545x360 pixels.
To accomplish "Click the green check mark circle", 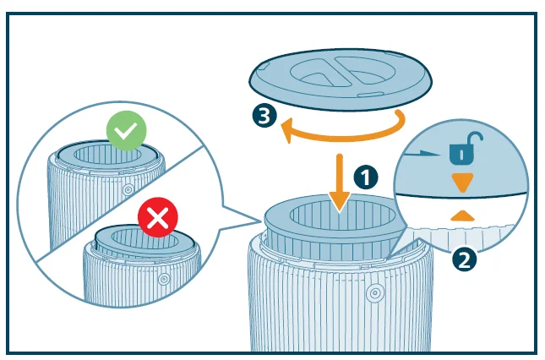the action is coord(127,131).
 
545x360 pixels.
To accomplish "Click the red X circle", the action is coord(158,217).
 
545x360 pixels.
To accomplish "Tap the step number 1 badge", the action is coord(366,178).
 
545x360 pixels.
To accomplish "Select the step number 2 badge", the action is coord(465,259).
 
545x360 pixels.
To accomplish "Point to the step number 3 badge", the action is coord(264,116).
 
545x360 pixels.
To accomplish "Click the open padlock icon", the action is coord(466,148).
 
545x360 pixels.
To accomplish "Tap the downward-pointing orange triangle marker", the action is coord(463,182).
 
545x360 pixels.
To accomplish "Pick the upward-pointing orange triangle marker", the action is coord(462,215).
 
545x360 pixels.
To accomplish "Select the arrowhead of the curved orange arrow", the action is coord(288,129).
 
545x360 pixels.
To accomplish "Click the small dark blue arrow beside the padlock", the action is coord(423,153).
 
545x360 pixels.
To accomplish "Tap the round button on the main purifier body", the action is coord(374,293).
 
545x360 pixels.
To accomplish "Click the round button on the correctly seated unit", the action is coord(128,190).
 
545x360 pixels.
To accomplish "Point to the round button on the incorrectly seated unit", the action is coord(164,279).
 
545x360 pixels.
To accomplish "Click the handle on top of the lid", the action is coord(343,71).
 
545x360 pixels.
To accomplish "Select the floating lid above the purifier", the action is coord(341,79).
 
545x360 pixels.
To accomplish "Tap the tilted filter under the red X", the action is coord(144,241).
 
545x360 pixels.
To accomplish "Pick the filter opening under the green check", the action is coord(107,155).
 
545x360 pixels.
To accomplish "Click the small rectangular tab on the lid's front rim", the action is coord(371,95).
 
